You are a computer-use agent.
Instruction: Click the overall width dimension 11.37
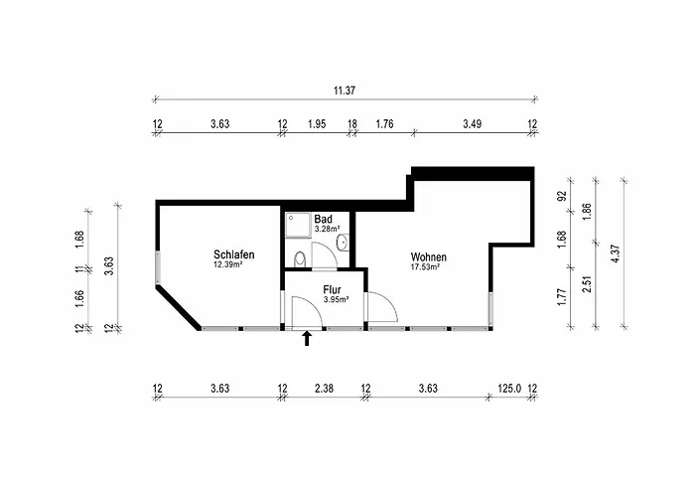345,90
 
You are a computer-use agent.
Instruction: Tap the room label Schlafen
234,254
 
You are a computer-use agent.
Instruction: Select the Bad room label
323,220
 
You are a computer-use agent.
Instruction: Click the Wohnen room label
429,256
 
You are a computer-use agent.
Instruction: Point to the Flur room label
332,290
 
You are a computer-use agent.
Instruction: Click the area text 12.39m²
227,265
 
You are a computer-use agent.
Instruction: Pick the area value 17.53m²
425,267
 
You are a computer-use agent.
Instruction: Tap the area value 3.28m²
327,230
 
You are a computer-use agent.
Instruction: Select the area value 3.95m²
336,300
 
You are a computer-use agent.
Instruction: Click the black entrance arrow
307,339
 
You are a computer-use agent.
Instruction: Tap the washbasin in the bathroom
343,243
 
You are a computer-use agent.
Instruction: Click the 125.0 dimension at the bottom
509,389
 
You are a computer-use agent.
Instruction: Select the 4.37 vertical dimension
615,254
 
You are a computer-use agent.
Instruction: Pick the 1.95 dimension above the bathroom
317,124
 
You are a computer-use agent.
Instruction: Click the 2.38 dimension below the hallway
324,389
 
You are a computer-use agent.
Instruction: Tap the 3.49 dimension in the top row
472,124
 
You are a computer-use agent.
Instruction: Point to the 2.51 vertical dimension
588,284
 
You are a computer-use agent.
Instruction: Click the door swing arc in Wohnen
382,306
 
